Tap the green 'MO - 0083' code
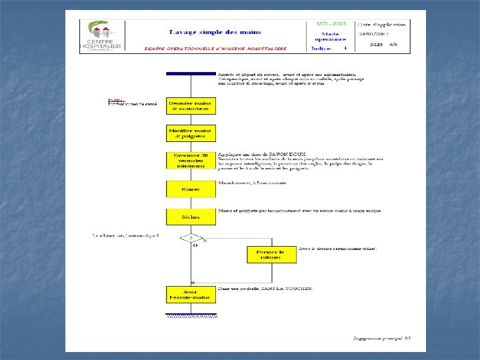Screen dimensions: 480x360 click(330, 23)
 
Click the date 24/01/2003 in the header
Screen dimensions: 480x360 click(374, 33)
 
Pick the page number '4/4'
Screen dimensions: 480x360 click(393, 45)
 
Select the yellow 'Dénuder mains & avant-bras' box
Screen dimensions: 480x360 click(191, 105)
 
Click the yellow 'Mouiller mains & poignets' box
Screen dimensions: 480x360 click(191, 133)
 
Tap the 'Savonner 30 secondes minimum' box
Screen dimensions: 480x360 click(191, 161)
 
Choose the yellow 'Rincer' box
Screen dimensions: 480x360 click(191, 189)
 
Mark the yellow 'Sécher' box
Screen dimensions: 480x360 click(191, 217)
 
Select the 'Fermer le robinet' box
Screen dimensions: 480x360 click(271, 254)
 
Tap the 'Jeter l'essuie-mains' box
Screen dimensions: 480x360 click(191, 294)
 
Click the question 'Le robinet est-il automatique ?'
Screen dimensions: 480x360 click(126, 235)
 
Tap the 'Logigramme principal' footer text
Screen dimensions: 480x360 click(381, 339)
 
